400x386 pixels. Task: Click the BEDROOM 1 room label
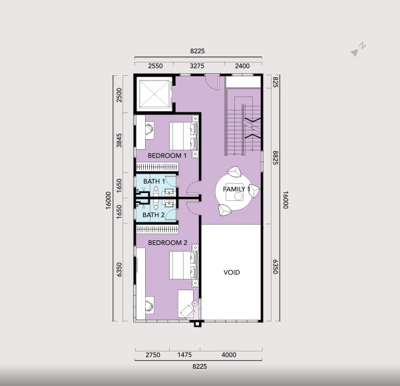click(x=167, y=155)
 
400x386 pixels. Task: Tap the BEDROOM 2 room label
click(x=168, y=243)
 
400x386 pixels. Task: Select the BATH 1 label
click(x=154, y=182)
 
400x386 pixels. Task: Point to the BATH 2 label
click(x=154, y=215)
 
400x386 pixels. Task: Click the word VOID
click(x=232, y=272)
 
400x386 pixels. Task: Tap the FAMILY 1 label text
click(x=236, y=189)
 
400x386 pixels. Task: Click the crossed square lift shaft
click(x=154, y=94)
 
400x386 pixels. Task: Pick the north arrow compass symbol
click(x=358, y=49)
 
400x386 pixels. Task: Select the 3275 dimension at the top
click(x=197, y=66)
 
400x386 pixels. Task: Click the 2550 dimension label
click(x=155, y=66)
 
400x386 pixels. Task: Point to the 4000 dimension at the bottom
click(x=229, y=355)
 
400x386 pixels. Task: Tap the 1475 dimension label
click(x=184, y=355)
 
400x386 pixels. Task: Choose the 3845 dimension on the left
click(x=119, y=140)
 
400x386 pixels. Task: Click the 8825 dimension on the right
click(x=276, y=158)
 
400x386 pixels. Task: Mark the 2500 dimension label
click(x=119, y=95)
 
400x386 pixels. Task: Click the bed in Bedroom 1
click(x=184, y=136)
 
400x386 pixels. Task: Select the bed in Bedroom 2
click(x=184, y=266)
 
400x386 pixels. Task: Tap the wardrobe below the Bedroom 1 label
click(x=157, y=167)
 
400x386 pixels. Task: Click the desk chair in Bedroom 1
click(x=150, y=130)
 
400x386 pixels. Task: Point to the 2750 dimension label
click(x=153, y=355)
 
